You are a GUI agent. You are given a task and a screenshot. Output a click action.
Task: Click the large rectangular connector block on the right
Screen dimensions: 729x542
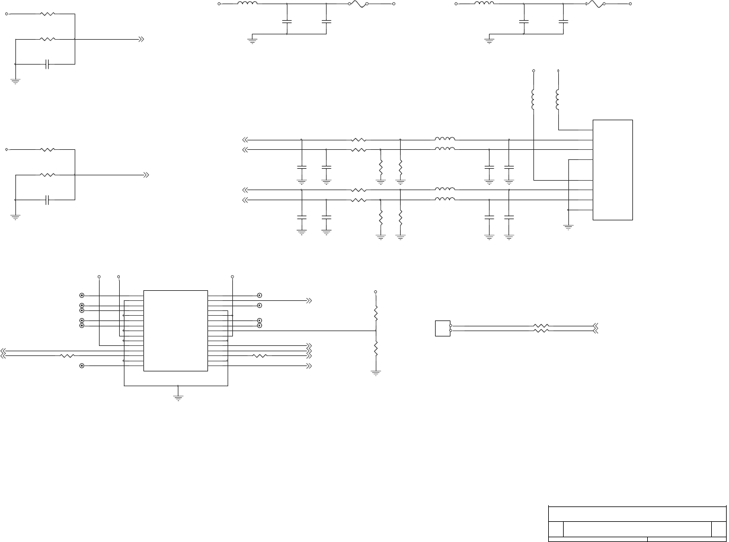tap(613, 170)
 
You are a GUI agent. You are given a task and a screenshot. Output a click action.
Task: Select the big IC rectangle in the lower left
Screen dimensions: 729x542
tap(175, 331)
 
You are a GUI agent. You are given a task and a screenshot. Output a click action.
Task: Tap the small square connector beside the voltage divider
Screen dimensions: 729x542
tap(442, 328)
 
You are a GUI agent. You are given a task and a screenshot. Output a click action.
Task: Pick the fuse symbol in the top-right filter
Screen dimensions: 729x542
tap(595, 4)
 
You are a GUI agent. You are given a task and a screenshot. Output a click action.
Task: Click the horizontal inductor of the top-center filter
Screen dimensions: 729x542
tap(247, 4)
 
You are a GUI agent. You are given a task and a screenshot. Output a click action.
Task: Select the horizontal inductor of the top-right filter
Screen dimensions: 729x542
tap(484, 4)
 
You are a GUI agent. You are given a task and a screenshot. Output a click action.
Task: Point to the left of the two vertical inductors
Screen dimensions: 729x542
tap(533, 100)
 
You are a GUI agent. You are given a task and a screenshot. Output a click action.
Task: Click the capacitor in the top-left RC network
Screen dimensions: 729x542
tap(47, 64)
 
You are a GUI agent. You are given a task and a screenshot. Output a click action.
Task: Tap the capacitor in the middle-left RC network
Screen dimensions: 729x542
tap(47, 200)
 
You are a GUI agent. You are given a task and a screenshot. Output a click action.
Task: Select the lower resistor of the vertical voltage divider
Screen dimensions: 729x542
tap(376, 349)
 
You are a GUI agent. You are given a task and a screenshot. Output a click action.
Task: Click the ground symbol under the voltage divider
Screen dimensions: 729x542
tap(376, 373)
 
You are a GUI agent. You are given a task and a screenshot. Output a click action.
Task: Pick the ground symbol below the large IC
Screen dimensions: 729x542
tap(177, 397)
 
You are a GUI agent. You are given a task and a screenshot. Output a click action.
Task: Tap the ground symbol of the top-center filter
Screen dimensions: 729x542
tap(252, 41)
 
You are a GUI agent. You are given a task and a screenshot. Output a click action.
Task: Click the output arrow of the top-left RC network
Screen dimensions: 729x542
tap(141, 39)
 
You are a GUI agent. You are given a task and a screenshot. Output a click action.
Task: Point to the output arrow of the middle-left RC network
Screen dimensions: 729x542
tap(146, 175)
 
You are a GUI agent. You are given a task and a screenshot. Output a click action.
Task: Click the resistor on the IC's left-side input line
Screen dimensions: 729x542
tap(68, 356)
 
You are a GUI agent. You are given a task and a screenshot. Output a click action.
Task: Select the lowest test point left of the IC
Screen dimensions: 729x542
tap(82, 366)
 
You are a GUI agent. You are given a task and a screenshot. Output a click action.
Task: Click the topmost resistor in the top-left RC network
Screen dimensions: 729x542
tap(47, 14)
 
